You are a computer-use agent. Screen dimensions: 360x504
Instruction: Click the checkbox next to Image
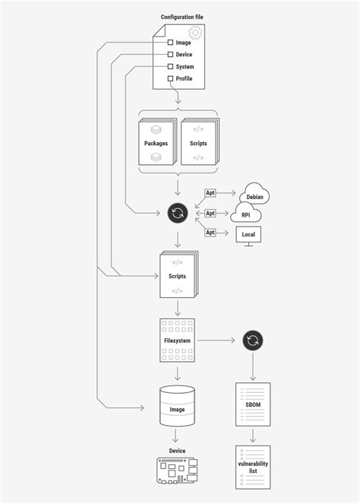coord(170,43)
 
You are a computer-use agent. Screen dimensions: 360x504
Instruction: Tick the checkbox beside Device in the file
coord(170,54)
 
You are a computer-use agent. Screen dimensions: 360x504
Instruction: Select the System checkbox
coord(170,67)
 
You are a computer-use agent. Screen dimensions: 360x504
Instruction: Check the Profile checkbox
coord(170,78)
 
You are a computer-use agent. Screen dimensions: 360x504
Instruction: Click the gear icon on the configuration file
coord(195,33)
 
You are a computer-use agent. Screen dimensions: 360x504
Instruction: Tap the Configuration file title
coord(182,17)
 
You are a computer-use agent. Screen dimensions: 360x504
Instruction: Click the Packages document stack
coord(157,141)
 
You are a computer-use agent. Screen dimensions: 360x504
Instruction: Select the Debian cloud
coord(254,194)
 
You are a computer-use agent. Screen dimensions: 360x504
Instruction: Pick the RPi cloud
coord(245,212)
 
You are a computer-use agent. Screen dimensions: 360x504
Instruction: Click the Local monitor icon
coord(248,236)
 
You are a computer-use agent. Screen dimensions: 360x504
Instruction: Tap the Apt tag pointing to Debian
coord(210,193)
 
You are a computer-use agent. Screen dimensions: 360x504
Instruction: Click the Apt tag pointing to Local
coord(210,233)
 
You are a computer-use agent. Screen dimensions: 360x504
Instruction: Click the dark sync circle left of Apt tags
coord(178,213)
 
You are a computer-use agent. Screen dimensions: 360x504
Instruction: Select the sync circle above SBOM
coord(253,341)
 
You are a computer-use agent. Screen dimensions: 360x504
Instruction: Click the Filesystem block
coord(177,341)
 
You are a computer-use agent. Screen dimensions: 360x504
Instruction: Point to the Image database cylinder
coord(177,406)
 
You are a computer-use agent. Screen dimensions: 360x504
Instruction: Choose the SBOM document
coord(253,404)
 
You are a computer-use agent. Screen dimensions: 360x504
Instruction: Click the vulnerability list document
coord(253,468)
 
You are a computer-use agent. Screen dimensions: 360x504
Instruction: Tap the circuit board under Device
coord(177,471)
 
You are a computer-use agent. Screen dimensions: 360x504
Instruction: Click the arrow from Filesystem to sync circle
coord(216,341)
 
